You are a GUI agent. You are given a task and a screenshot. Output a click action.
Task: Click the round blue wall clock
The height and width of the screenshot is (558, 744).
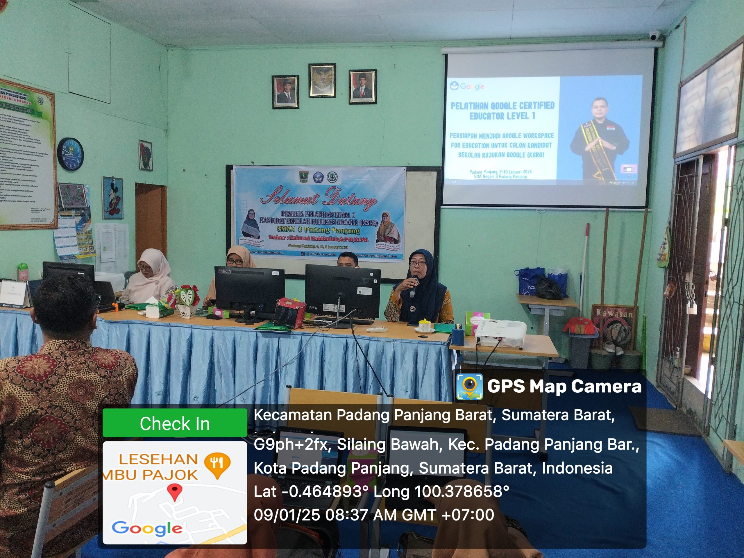click(x=70, y=154)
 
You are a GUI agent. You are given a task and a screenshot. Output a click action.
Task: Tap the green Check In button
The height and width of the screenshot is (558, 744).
click(x=175, y=423)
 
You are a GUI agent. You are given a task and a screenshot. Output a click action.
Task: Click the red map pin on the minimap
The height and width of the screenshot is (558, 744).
click(x=175, y=492)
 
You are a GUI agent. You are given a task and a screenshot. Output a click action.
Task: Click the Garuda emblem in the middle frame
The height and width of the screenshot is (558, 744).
click(x=322, y=81)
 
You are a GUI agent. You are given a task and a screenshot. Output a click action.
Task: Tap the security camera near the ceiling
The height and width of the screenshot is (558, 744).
click(x=655, y=35)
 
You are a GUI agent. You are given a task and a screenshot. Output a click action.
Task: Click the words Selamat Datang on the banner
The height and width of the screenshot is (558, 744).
click(x=318, y=198)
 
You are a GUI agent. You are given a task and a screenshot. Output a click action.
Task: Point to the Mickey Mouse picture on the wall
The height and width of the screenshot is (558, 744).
click(x=112, y=198)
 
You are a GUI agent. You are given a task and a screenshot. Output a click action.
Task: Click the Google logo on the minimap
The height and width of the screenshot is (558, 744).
click(x=147, y=528)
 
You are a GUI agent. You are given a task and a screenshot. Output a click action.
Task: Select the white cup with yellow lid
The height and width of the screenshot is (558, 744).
click(x=423, y=325)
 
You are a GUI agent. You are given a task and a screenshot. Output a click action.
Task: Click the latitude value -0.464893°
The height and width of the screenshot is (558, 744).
click(x=325, y=491)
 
